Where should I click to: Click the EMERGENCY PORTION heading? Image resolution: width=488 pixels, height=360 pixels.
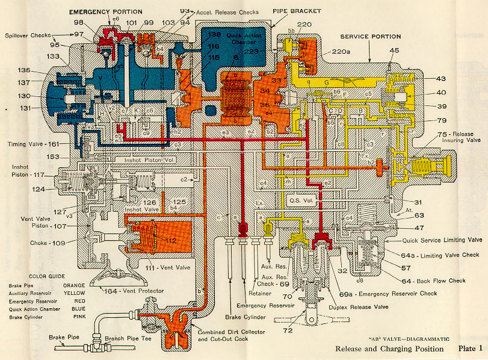click(x=106, y=11)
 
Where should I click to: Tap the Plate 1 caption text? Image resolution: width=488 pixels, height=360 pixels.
click(x=469, y=349)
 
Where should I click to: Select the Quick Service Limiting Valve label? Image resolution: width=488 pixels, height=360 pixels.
click(x=433, y=240)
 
